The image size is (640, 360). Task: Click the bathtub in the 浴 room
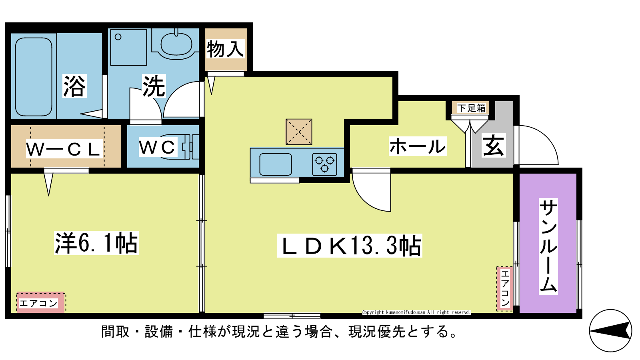click(34, 77)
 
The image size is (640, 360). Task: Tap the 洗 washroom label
click(154, 86)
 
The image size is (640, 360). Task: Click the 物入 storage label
click(226, 49)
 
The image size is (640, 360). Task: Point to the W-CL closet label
click(64, 148)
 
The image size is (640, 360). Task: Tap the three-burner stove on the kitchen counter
click(324, 164)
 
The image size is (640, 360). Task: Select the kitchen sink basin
click(276, 164)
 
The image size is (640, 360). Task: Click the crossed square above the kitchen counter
click(299, 132)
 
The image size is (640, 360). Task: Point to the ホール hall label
click(418, 146)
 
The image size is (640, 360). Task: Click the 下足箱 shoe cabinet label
click(471, 108)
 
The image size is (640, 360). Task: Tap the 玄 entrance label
click(494, 146)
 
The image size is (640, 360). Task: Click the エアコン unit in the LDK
click(505, 288)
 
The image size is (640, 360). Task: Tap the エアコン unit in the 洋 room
click(41, 302)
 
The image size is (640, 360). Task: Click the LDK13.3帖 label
click(350, 246)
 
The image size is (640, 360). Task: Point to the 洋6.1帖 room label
click(96, 243)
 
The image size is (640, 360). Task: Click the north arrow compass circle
click(610, 330)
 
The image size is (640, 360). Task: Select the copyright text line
click(416, 312)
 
